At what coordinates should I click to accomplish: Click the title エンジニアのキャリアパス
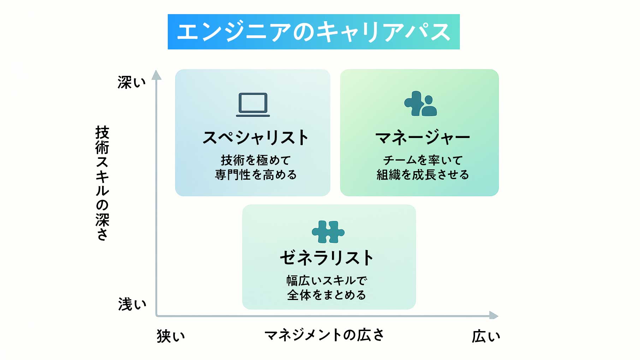pyautogui.click(x=313, y=32)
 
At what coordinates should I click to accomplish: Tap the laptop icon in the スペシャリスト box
pyautogui.click(x=253, y=105)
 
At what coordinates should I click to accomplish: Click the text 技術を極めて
pyautogui.click(x=256, y=160)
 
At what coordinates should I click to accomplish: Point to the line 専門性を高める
pyautogui.click(x=256, y=174)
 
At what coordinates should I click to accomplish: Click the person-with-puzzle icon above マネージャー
pyautogui.click(x=420, y=104)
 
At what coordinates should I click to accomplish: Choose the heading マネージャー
pyautogui.click(x=422, y=138)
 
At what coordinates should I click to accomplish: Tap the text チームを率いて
pyautogui.click(x=422, y=160)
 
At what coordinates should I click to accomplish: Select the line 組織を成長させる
pyautogui.click(x=422, y=174)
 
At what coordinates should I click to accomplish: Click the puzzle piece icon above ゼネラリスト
pyautogui.click(x=328, y=232)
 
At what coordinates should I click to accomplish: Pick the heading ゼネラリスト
pyautogui.click(x=327, y=258)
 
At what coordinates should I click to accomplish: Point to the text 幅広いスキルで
pyautogui.click(x=327, y=281)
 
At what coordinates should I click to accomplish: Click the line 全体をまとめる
pyautogui.click(x=327, y=295)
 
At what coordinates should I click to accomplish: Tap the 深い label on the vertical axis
pyautogui.click(x=131, y=82)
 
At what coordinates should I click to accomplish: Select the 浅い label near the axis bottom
pyautogui.click(x=132, y=304)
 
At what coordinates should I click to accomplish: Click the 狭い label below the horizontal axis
pyautogui.click(x=171, y=336)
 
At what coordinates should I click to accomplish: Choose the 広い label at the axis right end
pyautogui.click(x=486, y=336)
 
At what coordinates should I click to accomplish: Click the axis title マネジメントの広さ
pyautogui.click(x=324, y=335)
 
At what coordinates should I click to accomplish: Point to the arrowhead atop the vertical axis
pyautogui.click(x=156, y=75)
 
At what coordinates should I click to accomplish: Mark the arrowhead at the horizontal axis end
pyautogui.click(x=493, y=315)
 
